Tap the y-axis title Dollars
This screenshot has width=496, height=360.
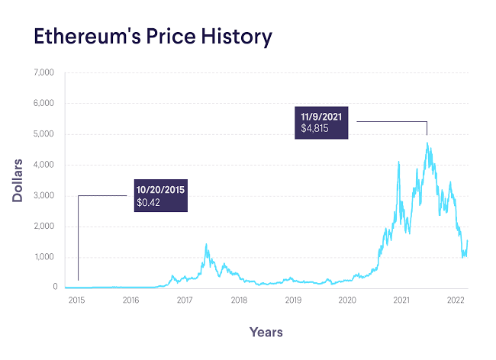17,181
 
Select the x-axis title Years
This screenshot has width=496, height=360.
266,332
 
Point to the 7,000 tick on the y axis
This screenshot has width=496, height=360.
44,72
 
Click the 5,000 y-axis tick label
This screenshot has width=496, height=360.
44,134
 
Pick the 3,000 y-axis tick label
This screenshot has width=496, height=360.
44,196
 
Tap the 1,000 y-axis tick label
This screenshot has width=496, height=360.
44,257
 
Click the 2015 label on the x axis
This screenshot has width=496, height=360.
76,301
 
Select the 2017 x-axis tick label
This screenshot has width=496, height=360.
184,301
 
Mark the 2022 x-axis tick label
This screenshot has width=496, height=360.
456,301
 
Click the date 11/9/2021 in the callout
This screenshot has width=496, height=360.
320,116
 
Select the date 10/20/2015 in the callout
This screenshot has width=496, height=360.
161,189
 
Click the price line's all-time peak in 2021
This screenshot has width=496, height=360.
427,143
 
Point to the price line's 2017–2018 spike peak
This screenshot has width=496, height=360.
206,244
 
